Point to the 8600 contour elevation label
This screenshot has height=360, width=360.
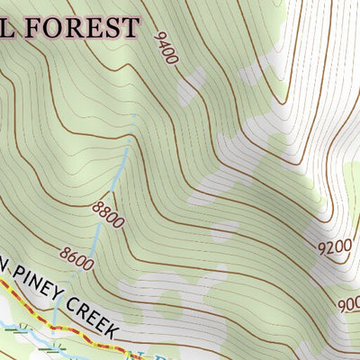coord(76,258)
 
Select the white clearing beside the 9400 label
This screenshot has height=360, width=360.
coord(191,85)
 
